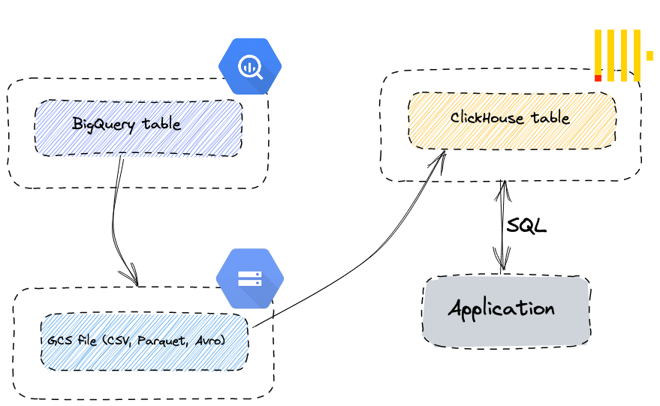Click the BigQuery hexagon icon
(x=250, y=66)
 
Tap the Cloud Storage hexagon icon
(x=249, y=278)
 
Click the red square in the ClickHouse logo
(x=598, y=78)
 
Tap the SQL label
(x=526, y=226)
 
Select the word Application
(x=502, y=308)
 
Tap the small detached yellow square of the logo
(x=649, y=56)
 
